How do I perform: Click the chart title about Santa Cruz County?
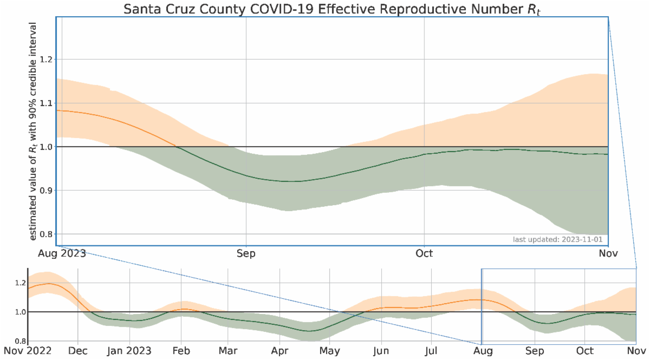pos(325,9)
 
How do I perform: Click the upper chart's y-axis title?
pos(34,132)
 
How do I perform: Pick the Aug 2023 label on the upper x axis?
pos(62,253)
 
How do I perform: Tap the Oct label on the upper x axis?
pos(424,253)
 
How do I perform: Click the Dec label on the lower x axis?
pos(78,351)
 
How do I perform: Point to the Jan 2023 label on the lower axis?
pos(130,351)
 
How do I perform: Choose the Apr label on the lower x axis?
pos(279,351)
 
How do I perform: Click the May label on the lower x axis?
pos(329,351)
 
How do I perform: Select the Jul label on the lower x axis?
pos(431,351)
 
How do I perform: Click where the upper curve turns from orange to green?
pos(175,146)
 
